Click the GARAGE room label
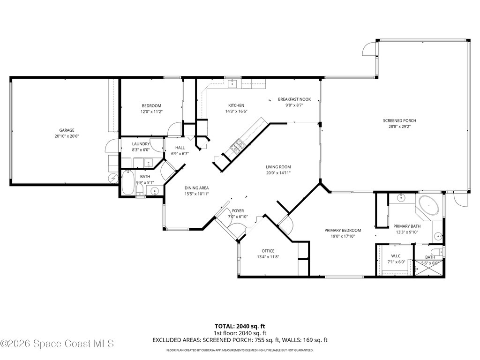pos(67,130)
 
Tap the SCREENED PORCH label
pos(402,120)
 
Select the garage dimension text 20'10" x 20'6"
pos(67,136)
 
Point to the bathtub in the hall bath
pos(128,183)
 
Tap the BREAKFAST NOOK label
pos(294,99)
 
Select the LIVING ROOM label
pos(278,167)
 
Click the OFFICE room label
pos(268,251)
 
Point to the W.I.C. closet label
pos(396,256)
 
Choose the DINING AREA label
pos(196,187)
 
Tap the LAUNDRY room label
pos(141,144)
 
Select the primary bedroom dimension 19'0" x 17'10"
pos(343,236)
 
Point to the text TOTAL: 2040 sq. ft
pos(240,326)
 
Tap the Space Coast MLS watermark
pos(57,344)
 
